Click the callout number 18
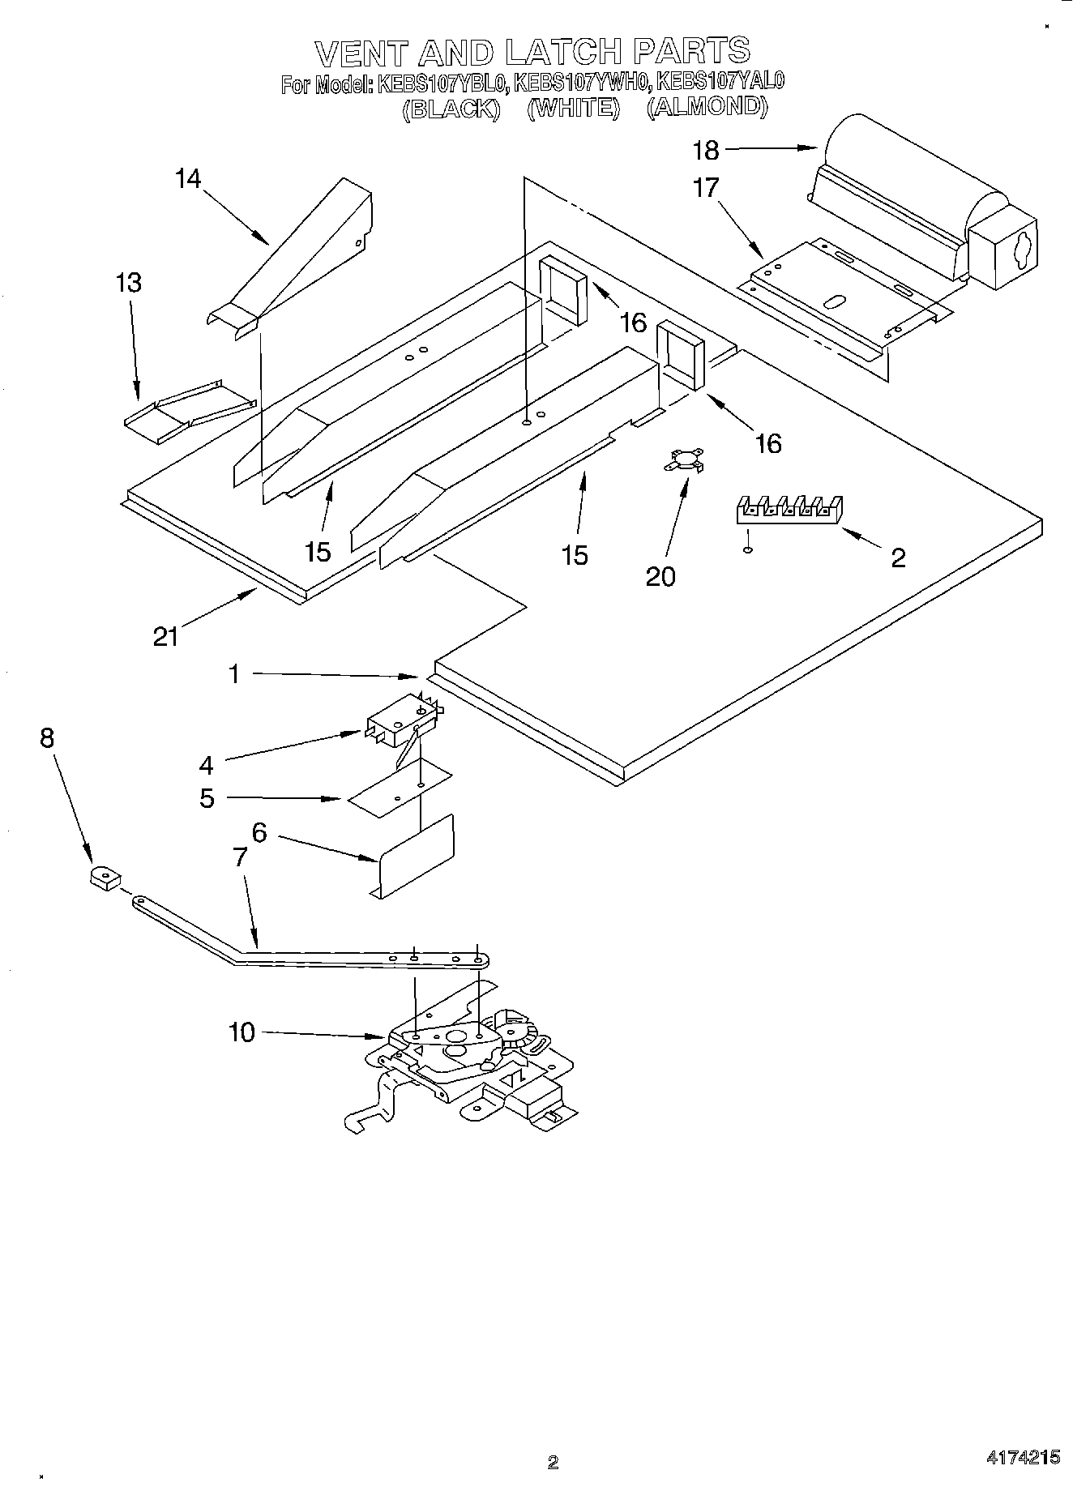pyautogui.click(x=705, y=150)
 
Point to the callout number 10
pyautogui.click(x=241, y=1032)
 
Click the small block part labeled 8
pyautogui.click(x=104, y=878)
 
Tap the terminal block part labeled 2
pyautogui.click(x=789, y=510)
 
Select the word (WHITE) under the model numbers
pyautogui.click(x=573, y=108)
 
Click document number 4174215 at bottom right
pyautogui.click(x=1023, y=1457)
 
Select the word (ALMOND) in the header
pyautogui.click(x=706, y=107)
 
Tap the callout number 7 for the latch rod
pyautogui.click(x=239, y=858)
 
